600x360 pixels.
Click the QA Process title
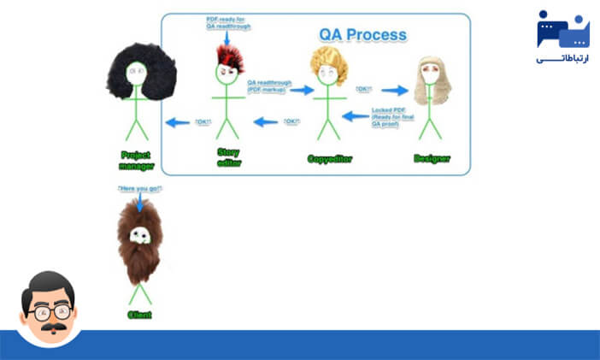pos(362,35)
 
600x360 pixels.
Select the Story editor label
pos(227,157)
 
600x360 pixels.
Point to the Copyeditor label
pos(330,159)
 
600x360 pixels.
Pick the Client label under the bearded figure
pos(140,315)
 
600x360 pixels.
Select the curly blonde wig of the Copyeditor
pos(328,64)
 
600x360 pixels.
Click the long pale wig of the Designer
pos(432,80)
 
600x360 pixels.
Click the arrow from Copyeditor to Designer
pos(394,89)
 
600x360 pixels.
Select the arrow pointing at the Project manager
pos(177,122)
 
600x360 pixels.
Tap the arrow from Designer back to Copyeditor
pos(355,115)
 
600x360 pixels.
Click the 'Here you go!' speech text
pos(139,188)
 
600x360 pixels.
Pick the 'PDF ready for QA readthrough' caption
pos(226,22)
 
